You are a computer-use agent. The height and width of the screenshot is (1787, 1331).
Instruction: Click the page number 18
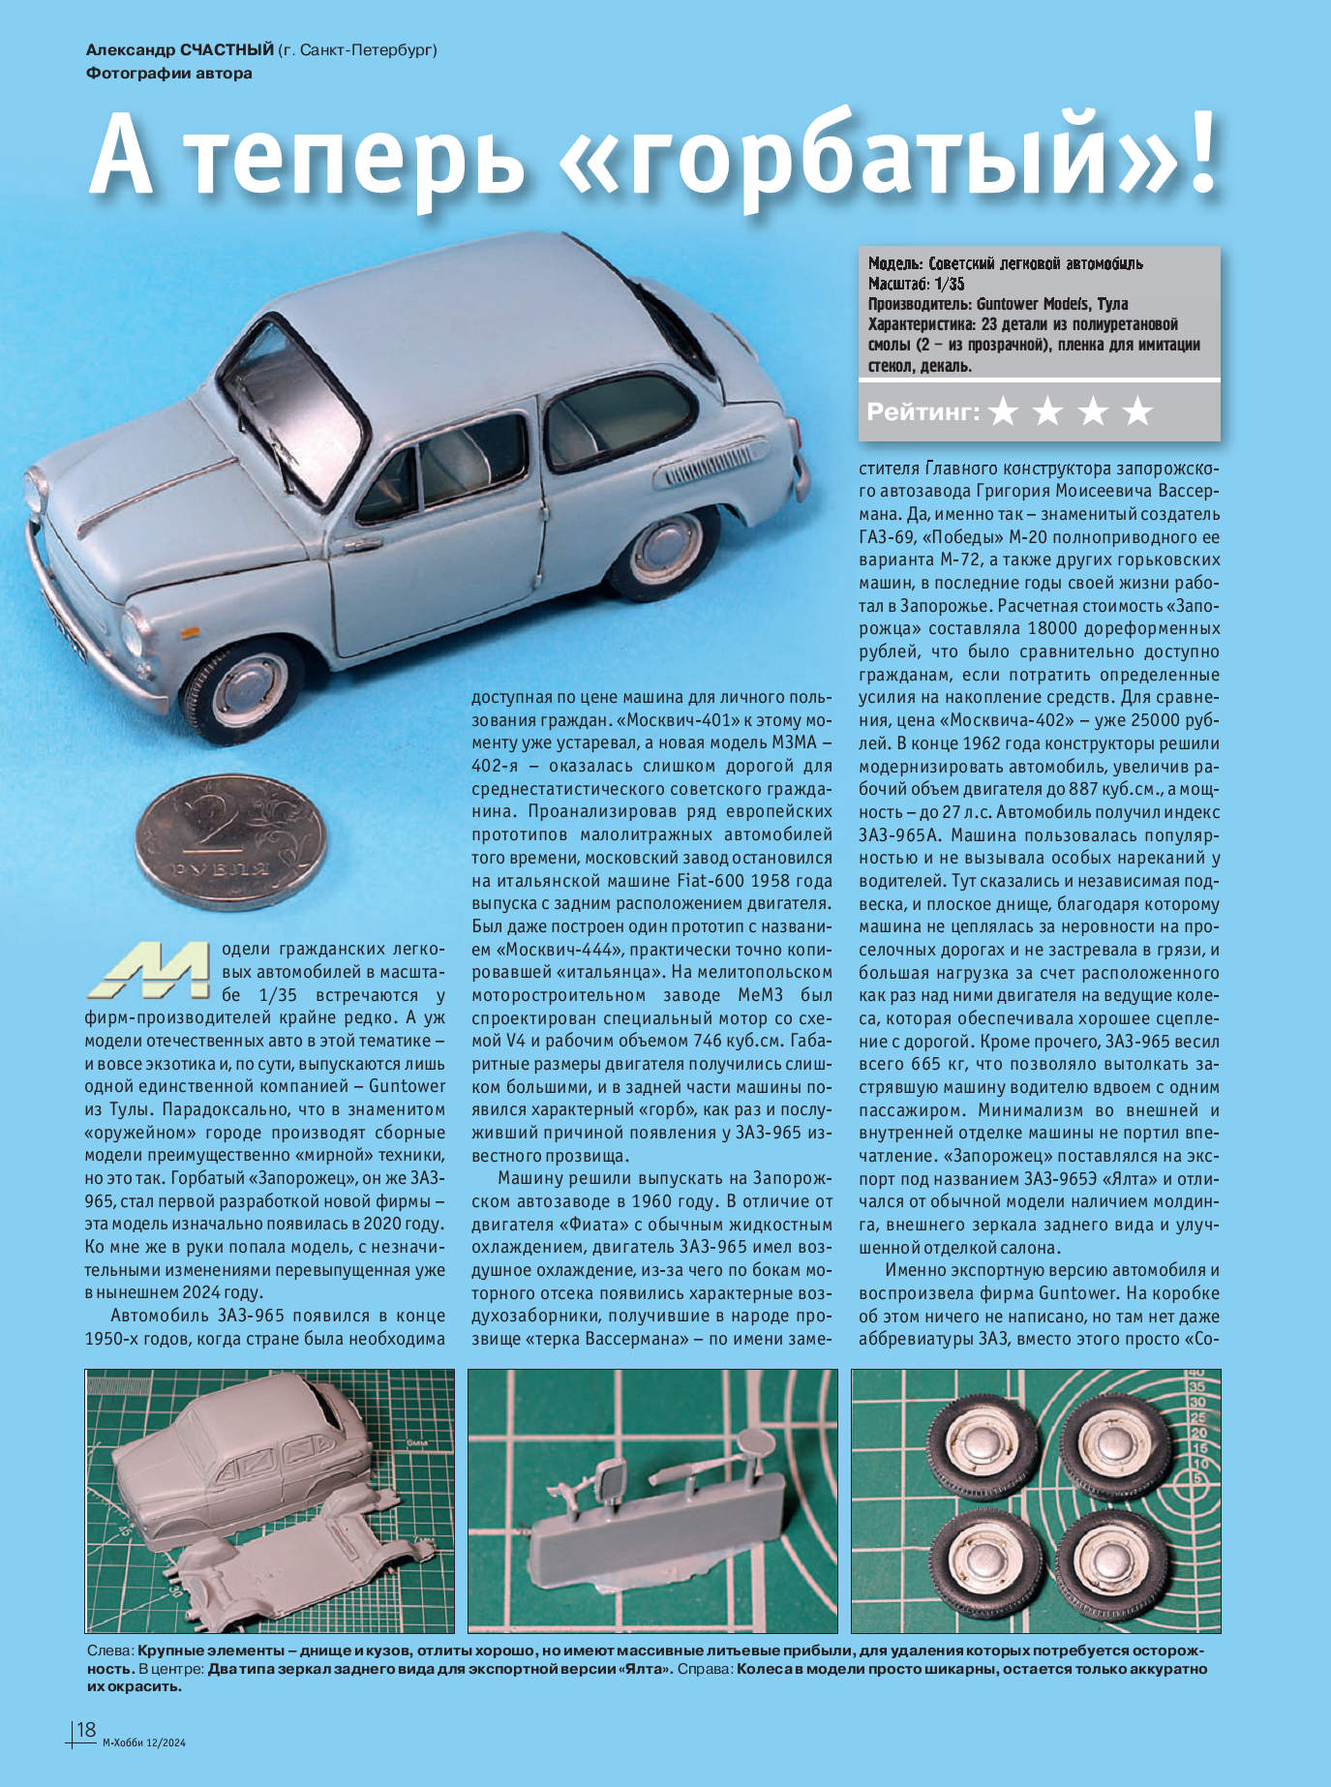tap(86, 1729)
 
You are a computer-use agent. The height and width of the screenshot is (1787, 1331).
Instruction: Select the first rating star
tap(1004, 412)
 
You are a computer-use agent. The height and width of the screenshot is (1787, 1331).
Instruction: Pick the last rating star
tap(1137, 412)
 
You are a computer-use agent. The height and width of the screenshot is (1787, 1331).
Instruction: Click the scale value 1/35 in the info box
tap(945, 284)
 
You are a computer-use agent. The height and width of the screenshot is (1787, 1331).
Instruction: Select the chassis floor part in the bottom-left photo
tap(281, 1569)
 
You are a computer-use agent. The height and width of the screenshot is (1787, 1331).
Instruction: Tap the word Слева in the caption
tap(109, 1650)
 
